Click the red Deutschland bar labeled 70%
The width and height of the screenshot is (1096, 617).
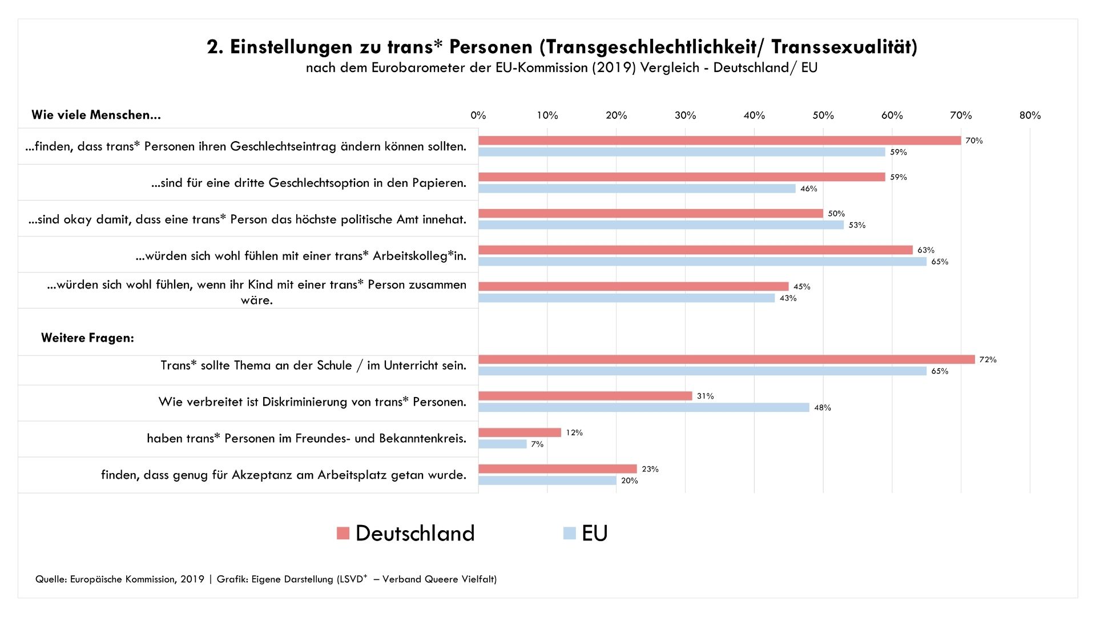719,141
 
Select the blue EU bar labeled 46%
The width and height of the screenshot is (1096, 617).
636,189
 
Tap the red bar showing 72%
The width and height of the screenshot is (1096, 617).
726,359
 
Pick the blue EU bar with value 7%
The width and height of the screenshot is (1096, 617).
502,444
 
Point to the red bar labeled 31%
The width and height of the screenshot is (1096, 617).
585,396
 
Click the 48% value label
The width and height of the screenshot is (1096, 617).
823,408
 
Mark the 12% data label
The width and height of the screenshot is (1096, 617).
574,433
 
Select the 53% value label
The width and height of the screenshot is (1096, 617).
857,225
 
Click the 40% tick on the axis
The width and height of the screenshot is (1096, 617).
754,115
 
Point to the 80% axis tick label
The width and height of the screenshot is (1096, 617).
1030,115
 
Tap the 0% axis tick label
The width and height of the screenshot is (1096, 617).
478,115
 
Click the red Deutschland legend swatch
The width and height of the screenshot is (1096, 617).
343,533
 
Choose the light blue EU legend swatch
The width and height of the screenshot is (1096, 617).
569,533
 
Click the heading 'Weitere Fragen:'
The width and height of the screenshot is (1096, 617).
87,338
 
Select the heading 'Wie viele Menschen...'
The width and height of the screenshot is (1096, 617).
96,115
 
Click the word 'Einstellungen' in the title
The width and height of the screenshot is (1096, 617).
291,47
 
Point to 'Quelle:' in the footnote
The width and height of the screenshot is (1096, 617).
51,579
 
